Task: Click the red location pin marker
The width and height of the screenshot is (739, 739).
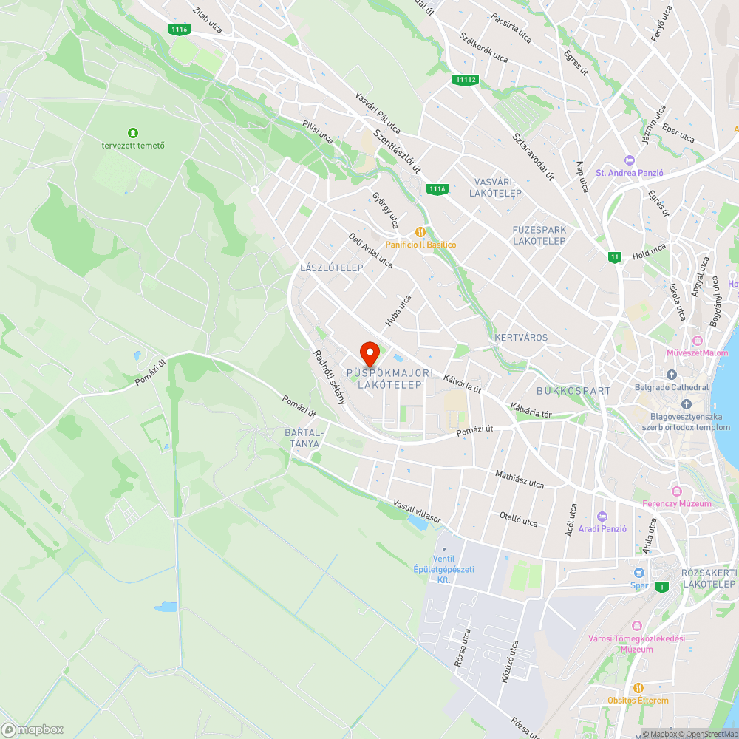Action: (x=369, y=353)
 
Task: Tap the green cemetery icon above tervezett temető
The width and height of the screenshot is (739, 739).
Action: (x=133, y=133)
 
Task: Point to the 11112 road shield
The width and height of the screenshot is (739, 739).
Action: (x=466, y=79)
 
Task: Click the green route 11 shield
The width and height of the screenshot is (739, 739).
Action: (x=615, y=257)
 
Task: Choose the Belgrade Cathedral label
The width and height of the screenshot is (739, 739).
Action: (x=671, y=386)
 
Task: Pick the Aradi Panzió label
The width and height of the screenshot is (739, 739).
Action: (x=602, y=528)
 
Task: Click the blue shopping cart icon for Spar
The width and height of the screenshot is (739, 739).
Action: (x=638, y=573)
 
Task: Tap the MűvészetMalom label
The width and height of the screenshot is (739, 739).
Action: (x=697, y=353)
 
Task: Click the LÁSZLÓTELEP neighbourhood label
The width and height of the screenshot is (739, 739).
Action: (x=332, y=268)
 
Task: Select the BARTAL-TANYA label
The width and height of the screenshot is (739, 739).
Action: (x=304, y=438)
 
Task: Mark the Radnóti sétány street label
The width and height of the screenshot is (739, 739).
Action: (x=330, y=377)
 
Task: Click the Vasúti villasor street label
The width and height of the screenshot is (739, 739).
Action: (x=417, y=511)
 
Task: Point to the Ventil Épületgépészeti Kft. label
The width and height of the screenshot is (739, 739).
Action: (x=443, y=569)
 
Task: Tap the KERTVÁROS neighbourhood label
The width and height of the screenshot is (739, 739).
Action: (x=521, y=338)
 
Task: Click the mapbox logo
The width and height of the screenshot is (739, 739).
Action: (x=33, y=729)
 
